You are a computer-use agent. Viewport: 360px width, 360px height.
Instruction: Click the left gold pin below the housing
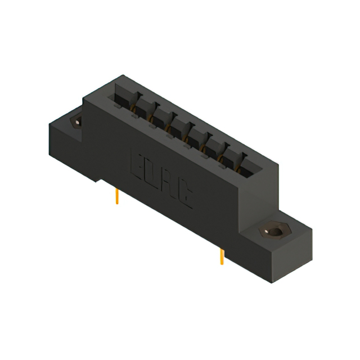[116, 196]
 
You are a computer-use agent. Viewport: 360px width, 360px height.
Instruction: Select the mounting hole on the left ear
[75, 122]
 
